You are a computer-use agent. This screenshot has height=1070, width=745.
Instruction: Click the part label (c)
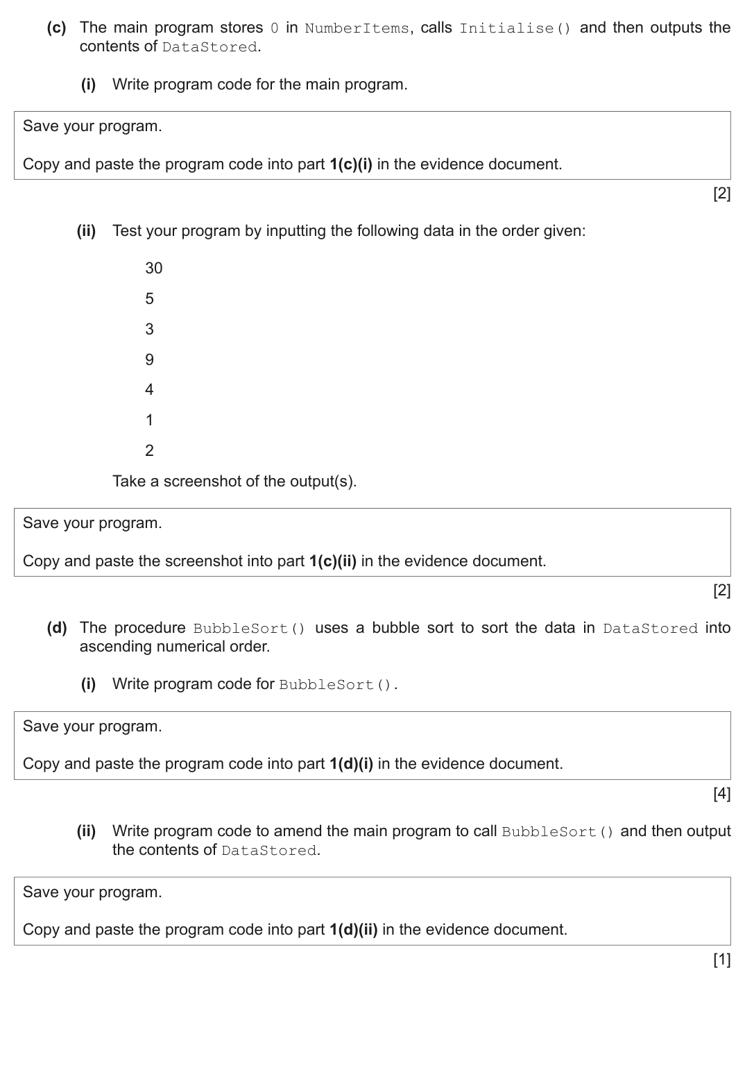point(56,28)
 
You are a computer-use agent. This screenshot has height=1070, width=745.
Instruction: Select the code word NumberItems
point(357,28)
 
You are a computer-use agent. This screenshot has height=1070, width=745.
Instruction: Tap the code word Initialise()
point(515,28)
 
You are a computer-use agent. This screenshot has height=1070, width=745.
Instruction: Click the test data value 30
point(153,268)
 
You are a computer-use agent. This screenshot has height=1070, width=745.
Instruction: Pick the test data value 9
point(149,359)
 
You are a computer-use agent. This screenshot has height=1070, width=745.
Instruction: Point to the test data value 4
point(149,390)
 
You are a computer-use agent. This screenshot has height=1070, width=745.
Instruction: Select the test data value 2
point(149,450)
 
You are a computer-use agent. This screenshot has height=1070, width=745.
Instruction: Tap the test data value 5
point(149,298)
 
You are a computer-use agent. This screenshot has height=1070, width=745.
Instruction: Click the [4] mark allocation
point(721,793)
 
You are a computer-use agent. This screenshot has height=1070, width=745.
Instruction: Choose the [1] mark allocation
point(721,959)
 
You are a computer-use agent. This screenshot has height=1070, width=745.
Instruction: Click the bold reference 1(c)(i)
point(350,164)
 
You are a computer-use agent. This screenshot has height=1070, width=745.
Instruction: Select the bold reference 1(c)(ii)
point(332,561)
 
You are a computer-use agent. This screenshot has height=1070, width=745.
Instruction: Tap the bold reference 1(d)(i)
point(351,764)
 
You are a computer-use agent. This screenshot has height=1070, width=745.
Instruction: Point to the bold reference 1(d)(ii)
point(353,930)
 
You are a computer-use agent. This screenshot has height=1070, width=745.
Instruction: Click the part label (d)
point(56,628)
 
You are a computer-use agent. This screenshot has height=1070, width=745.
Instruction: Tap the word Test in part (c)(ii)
point(127,231)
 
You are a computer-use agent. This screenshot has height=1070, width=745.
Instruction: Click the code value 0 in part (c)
point(274,28)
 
